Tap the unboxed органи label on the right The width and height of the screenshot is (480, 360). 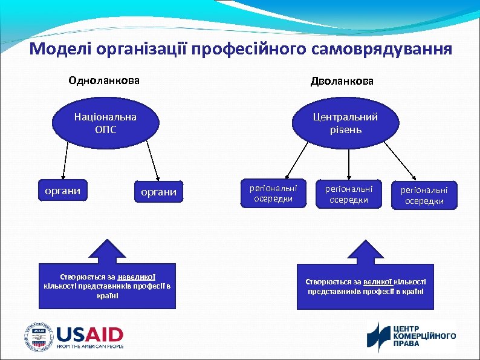[x=159, y=192]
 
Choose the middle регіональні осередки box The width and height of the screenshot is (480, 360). [x=349, y=193]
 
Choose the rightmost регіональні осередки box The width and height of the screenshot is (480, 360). [x=424, y=194]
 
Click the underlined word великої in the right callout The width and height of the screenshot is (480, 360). [x=377, y=281]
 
